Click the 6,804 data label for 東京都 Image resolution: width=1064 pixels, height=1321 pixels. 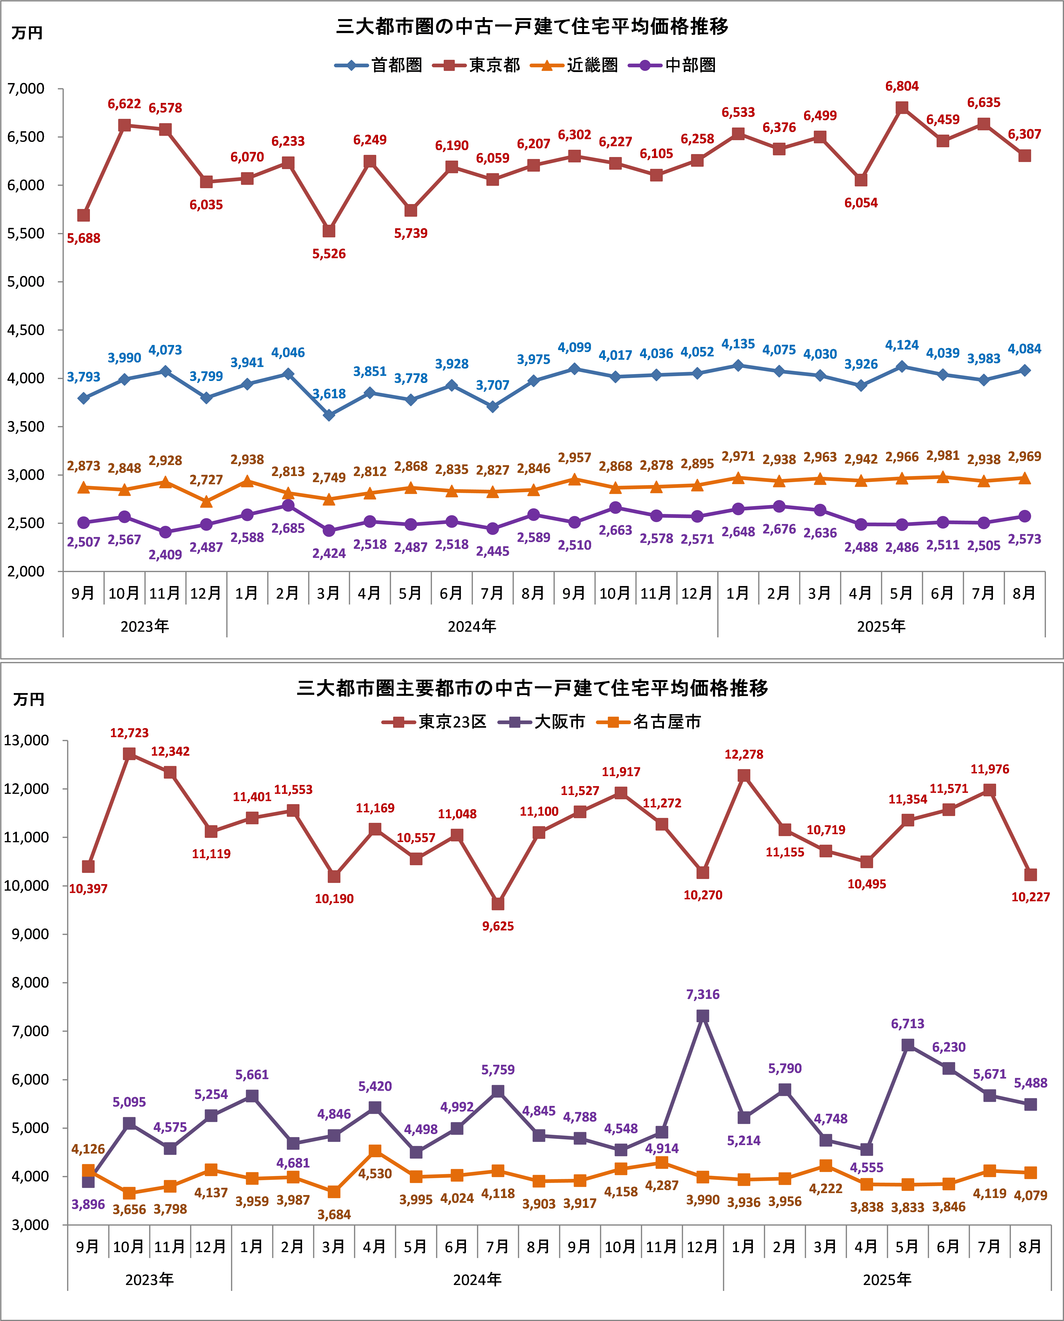coord(902,86)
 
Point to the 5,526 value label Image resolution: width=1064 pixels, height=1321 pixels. coord(329,254)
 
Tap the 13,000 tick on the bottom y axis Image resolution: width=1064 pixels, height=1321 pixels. coord(26,740)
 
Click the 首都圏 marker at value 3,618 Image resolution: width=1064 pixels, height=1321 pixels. coord(329,415)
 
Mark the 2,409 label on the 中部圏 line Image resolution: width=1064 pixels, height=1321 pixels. coord(165,555)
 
